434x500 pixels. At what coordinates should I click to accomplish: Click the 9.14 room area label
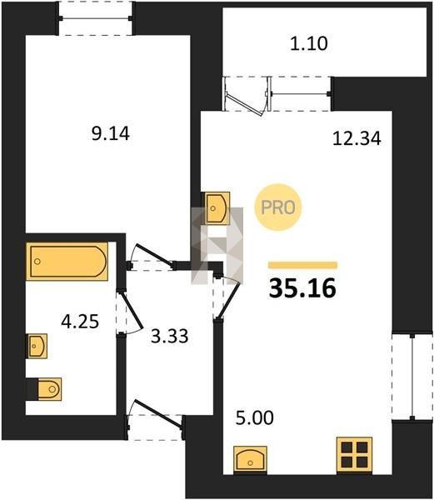(x=111, y=133)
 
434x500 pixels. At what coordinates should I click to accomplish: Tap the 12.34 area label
(x=357, y=138)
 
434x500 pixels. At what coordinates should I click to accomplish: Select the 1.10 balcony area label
(x=309, y=43)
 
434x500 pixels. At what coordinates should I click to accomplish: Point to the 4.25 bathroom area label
(x=80, y=322)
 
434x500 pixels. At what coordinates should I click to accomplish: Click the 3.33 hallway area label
(x=170, y=336)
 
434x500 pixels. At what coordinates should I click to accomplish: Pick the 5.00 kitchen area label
(x=255, y=417)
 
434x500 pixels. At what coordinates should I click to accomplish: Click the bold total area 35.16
(x=302, y=288)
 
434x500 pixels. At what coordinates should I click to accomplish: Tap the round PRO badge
(x=278, y=207)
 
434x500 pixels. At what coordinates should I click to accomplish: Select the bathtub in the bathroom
(x=67, y=262)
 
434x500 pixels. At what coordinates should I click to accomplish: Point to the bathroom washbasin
(x=37, y=346)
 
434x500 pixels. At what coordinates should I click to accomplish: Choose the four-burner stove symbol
(x=354, y=454)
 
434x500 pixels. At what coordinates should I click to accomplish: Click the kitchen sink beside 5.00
(x=250, y=458)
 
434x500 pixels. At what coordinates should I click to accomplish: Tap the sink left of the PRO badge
(x=217, y=208)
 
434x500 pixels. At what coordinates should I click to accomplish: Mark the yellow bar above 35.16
(x=302, y=265)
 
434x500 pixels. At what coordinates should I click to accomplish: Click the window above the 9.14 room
(x=95, y=18)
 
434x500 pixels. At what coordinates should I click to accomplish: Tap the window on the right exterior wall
(x=412, y=377)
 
